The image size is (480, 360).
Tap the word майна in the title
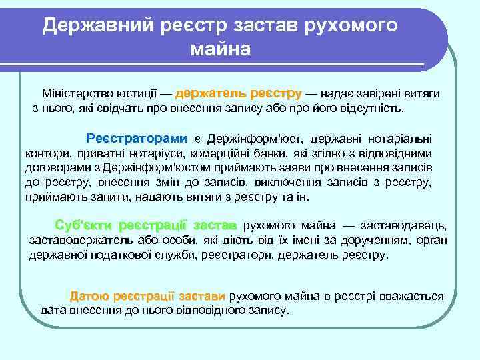click(x=221, y=49)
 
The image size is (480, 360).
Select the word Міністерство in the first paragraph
click(x=74, y=94)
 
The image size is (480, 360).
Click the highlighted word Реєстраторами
click(x=137, y=139)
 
